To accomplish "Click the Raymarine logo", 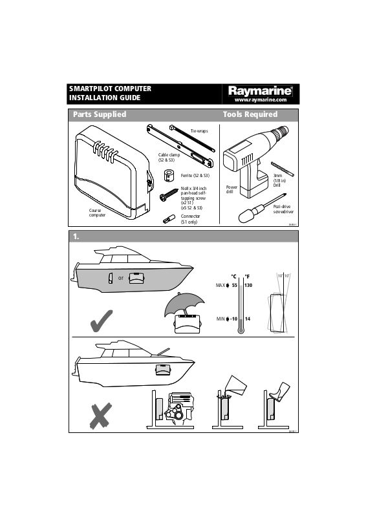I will point(260,91).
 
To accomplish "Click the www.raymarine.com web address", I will point(260,100).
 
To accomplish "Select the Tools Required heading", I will point(250,114).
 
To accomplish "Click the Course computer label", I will point(97,213).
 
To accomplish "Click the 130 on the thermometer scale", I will point(248,285).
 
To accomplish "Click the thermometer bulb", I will point(241,330).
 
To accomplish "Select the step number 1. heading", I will point(76,237).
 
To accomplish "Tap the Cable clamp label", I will point(169,157).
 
